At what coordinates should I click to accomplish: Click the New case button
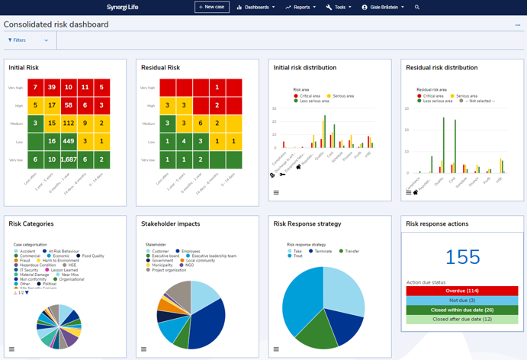[211, 7]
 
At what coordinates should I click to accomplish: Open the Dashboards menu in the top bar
[255, 7]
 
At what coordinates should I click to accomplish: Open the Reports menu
[301, 7]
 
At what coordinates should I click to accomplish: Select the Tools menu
[339, 7]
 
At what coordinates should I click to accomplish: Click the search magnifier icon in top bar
[417, 7]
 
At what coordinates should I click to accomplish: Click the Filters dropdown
[28, 40]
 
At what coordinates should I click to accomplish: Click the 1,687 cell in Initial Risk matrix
[69, 159]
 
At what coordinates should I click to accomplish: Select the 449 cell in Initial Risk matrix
[69, 141]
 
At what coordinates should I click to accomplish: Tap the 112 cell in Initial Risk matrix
[69, 123]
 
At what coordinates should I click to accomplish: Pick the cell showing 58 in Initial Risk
[69, 105]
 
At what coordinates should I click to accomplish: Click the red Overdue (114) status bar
[463, 291]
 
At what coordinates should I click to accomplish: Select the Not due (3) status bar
[463, 301]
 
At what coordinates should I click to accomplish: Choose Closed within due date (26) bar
[463, 310]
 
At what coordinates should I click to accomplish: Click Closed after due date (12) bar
[463, 320]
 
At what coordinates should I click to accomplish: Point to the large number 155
[463, 257]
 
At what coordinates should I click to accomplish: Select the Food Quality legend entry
[92, 256]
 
